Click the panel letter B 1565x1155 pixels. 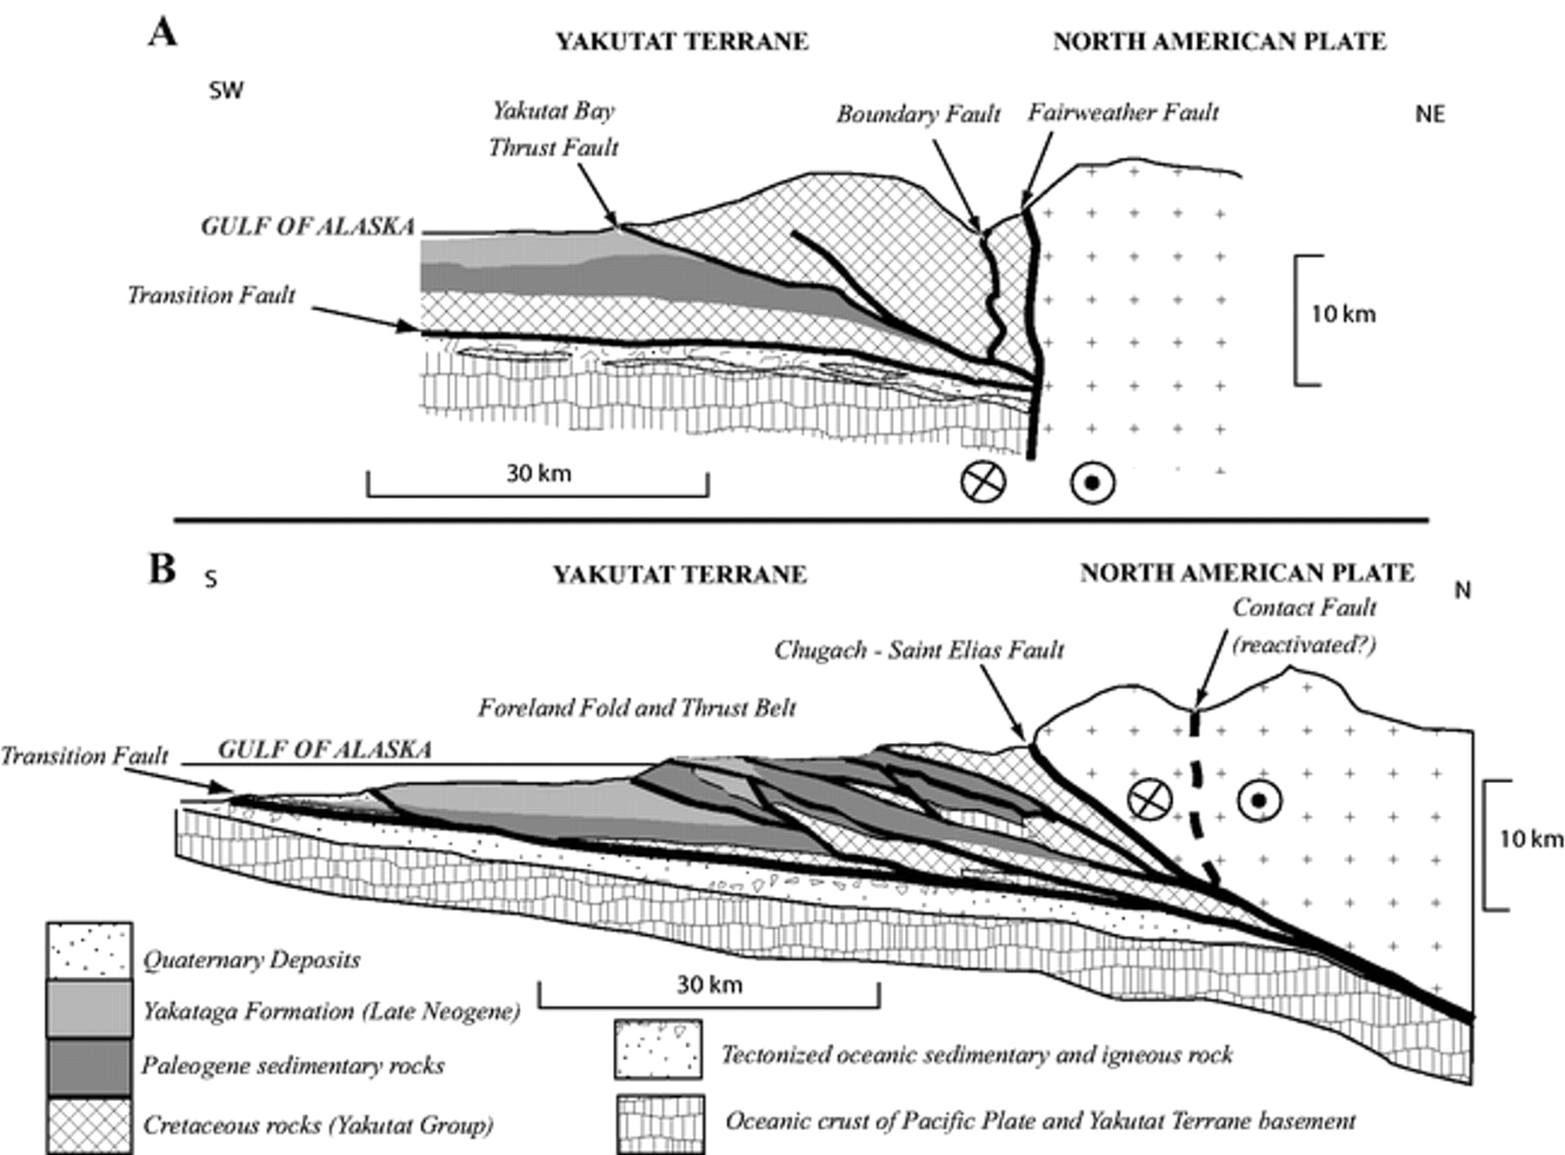pos(163,569)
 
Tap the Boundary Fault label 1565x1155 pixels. pos(918,115)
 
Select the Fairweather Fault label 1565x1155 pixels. pos(1122,112)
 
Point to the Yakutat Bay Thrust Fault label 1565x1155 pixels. pos(553,129)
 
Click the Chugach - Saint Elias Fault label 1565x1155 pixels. pos(919,650)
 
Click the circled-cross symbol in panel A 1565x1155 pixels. pos(982,481)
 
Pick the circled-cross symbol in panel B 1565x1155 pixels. pos(1149,798)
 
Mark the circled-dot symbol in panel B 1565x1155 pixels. pos(1260,800)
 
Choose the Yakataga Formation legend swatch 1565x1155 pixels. pos(90,1008)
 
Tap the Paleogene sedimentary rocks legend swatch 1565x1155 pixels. pos(90,1066)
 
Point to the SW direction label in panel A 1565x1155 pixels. pos(226,90)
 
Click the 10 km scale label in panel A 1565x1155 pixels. pos(1343,314)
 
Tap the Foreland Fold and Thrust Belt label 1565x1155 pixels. pos(636,707)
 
